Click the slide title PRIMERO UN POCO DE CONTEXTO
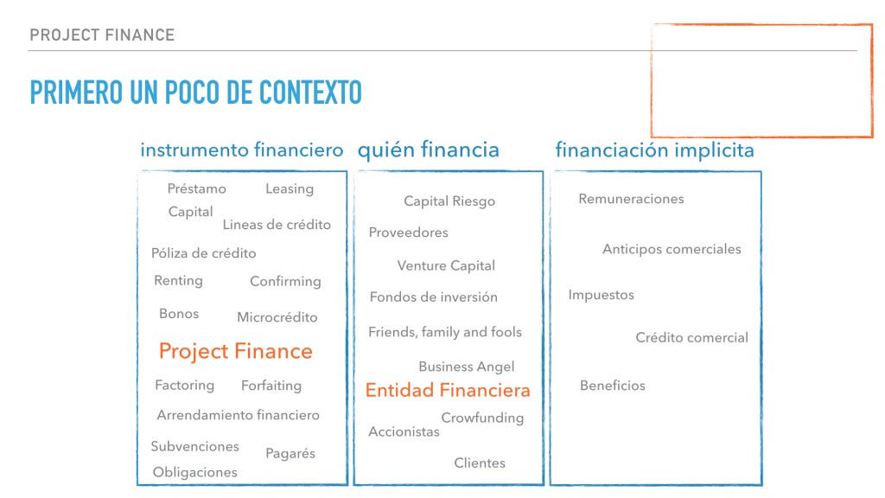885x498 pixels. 195,93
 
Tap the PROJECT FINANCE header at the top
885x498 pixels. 102,35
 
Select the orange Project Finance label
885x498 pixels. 236,351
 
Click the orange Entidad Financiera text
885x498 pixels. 448,390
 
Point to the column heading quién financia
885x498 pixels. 429,150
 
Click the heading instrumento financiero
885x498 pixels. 242,150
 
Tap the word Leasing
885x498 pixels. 290,188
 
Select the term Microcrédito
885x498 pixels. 277,317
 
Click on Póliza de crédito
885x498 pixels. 204,253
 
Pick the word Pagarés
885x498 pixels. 290,453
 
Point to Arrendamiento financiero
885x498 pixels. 238,415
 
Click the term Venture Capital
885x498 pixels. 446,265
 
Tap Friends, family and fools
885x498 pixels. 445,332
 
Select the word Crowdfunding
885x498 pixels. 482,418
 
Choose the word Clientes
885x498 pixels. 480,463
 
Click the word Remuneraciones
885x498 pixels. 631,199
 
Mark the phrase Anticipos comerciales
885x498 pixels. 672,249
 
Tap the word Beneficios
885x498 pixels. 613,386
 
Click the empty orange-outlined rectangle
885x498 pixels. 761,80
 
